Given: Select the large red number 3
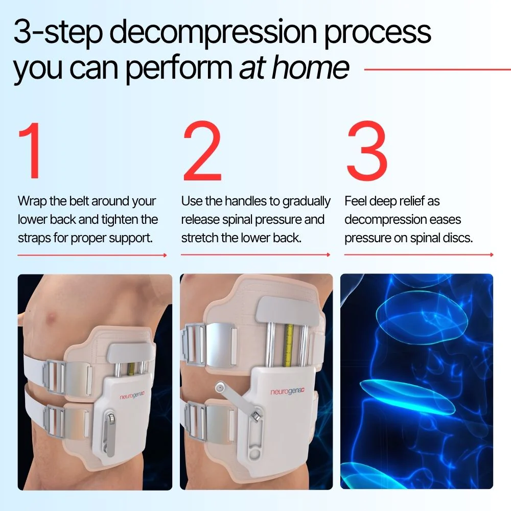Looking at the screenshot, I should click(x=367, y=151).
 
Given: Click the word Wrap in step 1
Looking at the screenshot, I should click(x=32, y=201).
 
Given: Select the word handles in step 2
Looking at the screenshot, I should click(x=239, y=201).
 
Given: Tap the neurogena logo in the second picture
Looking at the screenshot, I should click(x=290, y=391).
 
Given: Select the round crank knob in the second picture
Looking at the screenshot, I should click(x=220, y=388).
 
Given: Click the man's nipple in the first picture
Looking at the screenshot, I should click(x=52, y=321).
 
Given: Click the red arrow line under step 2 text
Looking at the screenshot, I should click(x=255, y=254).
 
